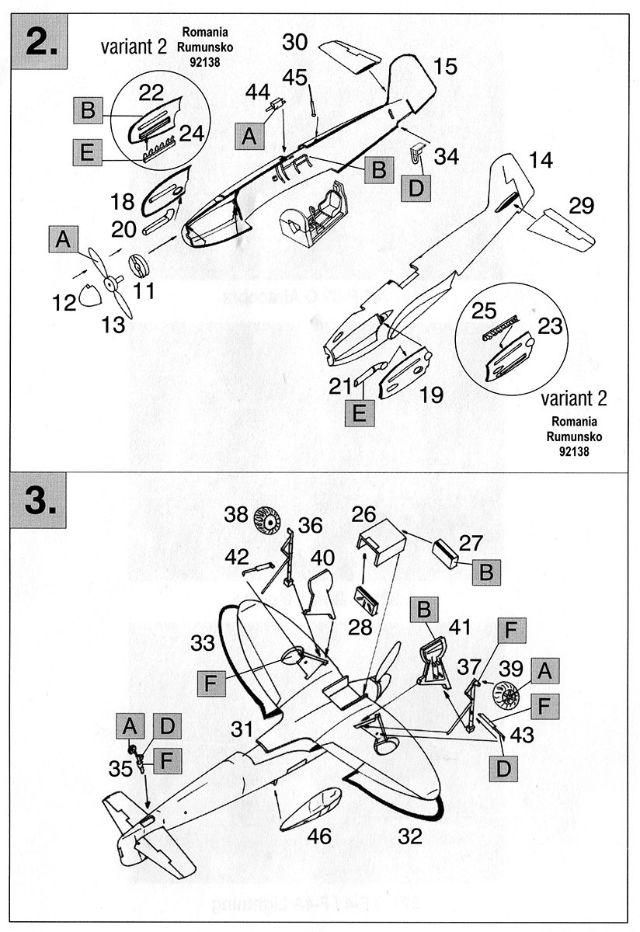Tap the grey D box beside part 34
pyautogui.click(x=416, y=186)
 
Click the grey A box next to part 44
pyautogui.click(x=249, y=137)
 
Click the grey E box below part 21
pyautogui.click(x=359, y=412)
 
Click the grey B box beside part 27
pyautogui.click(x=486, y=572)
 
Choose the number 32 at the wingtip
pyautogui.click(x=412, y=836)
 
